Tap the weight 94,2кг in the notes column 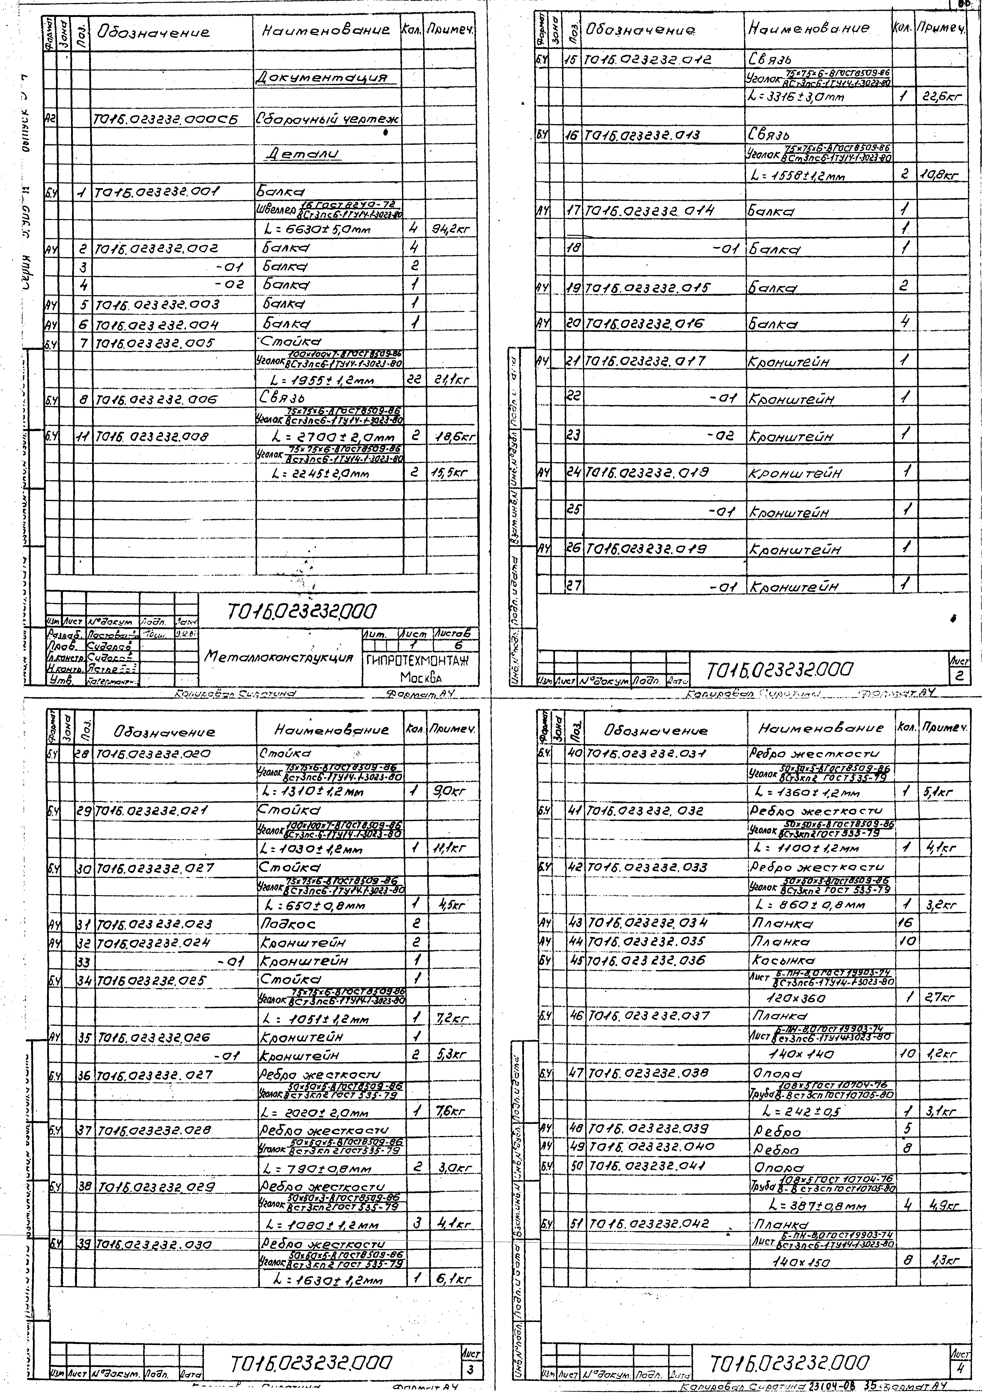coord(451,230)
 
